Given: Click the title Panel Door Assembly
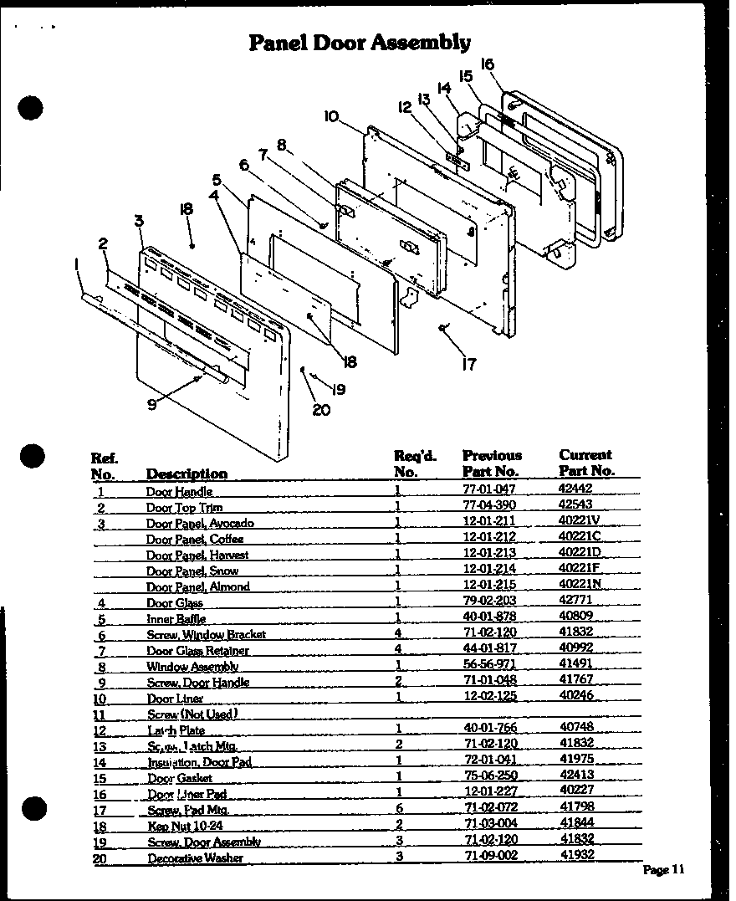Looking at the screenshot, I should (x=360, y=42).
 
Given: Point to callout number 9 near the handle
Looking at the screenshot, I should (x=151, y=404).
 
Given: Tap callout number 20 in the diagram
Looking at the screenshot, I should (x=321, y=409).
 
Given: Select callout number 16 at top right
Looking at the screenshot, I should (x=488, y=64).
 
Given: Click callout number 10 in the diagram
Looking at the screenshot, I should (x=331, y=116).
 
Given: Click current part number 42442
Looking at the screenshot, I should (x=576, y=491).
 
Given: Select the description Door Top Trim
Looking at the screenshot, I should (x=184, y=508).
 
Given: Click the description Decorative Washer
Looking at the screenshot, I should (x=195, y=858).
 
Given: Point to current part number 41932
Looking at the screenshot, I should (x=576, y=857).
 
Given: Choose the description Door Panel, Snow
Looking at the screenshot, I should (x=192, y=571).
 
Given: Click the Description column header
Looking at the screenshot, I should (x=187, y=474).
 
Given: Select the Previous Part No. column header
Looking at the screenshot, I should (x=492, y=463).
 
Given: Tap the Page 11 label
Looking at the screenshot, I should (x=664, y=870).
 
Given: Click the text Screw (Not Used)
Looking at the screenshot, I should (x=192, y=714).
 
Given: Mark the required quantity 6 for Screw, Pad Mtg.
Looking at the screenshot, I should (x=400, y=809).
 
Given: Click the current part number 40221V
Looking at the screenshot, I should (x=580, y=523).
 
